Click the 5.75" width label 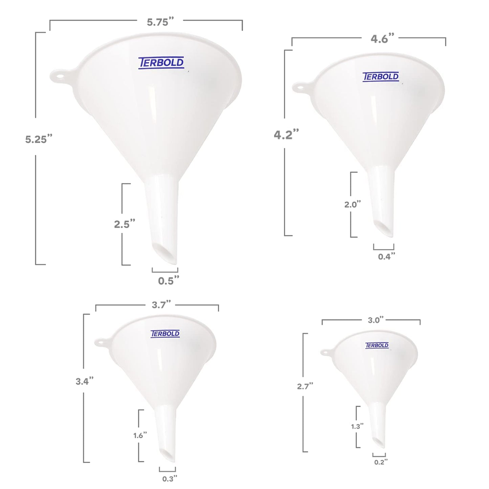[x=160, y=22]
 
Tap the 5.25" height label [x=39, y=139]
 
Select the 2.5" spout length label [x=125, y=224]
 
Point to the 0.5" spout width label [x=168, y=281]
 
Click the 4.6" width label [x=382, y=39]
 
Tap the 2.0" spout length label [x=353, y=204]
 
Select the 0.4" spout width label [x=386, y=257]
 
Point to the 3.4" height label [x=84, y=381]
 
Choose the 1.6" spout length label [x=140, y=435]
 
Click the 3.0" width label [x=376, y=320]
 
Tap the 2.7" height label [x=305, y=386]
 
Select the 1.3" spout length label [x=357, y=426]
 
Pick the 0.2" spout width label [x=381, y=462]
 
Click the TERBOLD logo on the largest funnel [x=161, y=63]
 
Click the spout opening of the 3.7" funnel [x=166, y=455]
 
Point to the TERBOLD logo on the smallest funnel [x=377, y=346]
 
